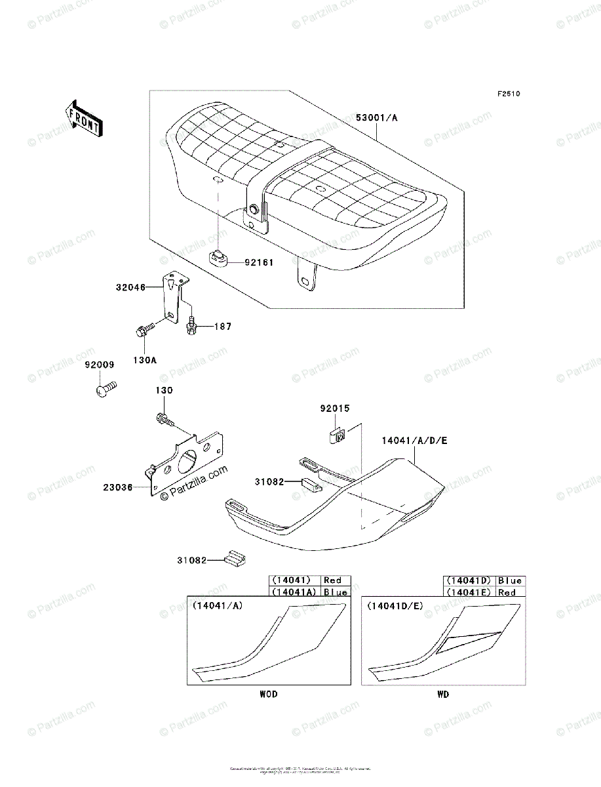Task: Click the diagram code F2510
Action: pos(508,94)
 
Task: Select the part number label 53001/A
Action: pos(377,118)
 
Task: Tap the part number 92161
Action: pos(259,262)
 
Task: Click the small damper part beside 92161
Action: pos(220,258)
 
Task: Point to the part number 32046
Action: pos(131,286)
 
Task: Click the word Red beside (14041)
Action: pos(333,580)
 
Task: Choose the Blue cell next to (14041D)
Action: pos(510,580)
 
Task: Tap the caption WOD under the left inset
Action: pos(267,694)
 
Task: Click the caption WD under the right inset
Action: pos(443,694)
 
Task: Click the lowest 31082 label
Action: pos(191,560)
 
